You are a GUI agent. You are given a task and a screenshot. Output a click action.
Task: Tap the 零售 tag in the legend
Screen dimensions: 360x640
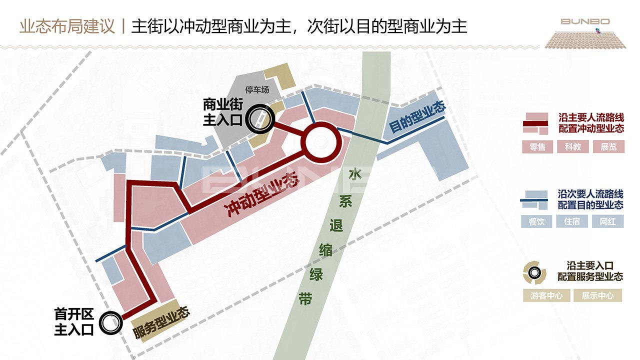[x=537, y=147]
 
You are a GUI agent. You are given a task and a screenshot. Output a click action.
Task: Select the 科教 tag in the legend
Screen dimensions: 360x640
[x=572, y=147]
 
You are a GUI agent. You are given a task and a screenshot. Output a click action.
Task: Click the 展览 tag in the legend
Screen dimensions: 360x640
[x=608, y=147]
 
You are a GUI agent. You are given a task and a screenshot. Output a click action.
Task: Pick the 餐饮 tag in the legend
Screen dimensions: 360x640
[x=536, y=221]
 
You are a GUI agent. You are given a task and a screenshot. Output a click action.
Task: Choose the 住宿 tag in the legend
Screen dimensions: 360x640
[x=572, y=221]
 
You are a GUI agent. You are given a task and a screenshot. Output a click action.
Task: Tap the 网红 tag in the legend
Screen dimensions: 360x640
[x=607, y=221]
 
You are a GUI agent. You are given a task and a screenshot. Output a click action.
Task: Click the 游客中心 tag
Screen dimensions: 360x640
[x=546, y=295]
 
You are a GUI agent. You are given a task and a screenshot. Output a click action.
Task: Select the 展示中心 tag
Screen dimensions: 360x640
[x=597, y=295]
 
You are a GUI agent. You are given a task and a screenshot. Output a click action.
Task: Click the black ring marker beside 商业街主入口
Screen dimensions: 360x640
[x=261, y=119]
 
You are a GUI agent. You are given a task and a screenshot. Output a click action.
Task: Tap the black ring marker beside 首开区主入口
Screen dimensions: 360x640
[x=110, y=322]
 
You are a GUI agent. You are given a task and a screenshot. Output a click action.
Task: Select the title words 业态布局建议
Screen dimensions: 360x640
[x=67, y=26]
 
